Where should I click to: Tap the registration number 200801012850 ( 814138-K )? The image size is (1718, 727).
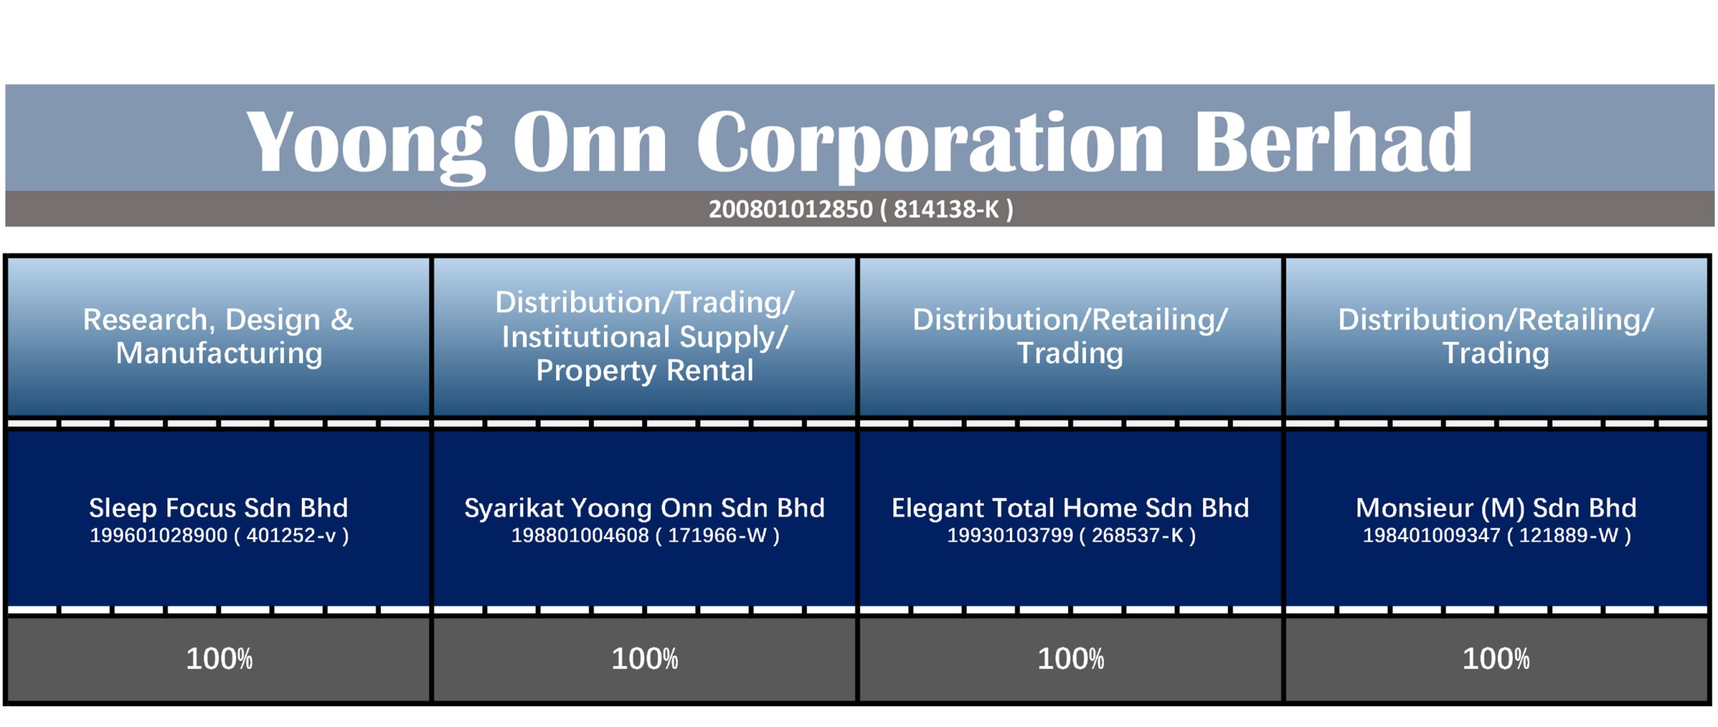[x=861, y=209]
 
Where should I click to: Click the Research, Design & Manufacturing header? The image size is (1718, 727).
[x=219, y=336]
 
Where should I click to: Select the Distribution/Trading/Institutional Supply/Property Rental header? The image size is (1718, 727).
[x=644, y=336]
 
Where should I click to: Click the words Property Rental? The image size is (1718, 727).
[x=644, y=371]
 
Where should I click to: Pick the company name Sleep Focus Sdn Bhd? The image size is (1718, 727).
[x=219, y=507]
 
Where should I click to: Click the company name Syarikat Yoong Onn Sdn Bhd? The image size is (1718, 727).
[x=644, y=508]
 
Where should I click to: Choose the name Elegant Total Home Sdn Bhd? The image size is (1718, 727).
[x=1070, y=508]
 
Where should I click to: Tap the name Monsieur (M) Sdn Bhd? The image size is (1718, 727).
[x=1496, y=508]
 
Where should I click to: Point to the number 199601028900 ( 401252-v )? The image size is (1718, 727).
[x=219, y=536]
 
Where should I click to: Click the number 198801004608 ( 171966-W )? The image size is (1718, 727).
[x=646, y=536]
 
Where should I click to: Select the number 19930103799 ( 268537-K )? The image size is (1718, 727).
[x=1071, y=536]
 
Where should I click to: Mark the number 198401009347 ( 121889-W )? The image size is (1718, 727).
[x=1497, y=536]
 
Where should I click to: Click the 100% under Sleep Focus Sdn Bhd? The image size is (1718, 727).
[x=219, y=659]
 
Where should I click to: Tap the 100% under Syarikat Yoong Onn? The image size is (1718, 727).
[x=645, y=659]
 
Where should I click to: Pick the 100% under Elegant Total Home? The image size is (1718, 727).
[x=1071, y=659]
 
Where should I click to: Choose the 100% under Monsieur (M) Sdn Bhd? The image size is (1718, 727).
[x=1497, y=659]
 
